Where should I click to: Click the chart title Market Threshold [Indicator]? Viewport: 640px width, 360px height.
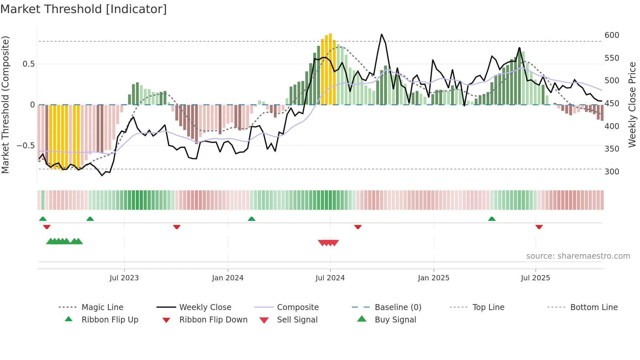(x=84, y=9)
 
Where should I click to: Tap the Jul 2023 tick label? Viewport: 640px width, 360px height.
(x=124, y=278)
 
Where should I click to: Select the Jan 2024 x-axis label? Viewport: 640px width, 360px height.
(x=228, y=278)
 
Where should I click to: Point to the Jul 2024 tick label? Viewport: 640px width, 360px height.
(x=330, y=278)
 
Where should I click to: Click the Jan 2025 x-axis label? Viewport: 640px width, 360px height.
(x=434, y=278)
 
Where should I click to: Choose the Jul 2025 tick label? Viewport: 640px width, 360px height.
(x=536, y=278)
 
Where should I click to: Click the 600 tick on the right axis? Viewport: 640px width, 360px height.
(x=612, y=35)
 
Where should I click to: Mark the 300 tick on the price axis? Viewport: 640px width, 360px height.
(x=612, y=172)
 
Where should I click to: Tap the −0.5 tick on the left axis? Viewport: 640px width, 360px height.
(x=25, y=146)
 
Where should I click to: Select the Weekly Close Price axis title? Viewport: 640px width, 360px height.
(x=632, y=105)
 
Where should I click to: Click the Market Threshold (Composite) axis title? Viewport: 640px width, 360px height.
(x=5, y=105)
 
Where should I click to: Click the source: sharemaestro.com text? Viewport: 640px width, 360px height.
(x=578, y=256)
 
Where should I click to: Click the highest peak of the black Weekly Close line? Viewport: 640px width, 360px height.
(x=381, y=34)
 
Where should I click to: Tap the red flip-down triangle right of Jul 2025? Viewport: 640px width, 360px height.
(x=539, y=227)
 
